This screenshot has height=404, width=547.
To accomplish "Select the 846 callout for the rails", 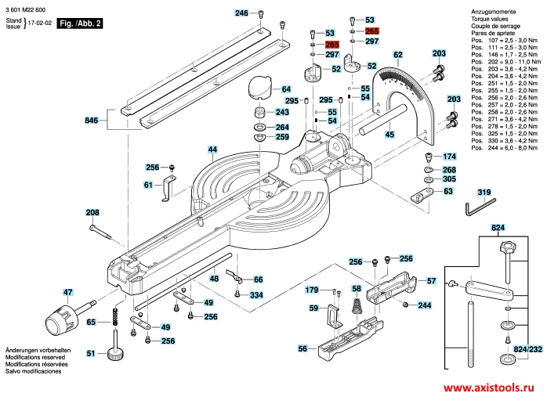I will [x=92, y=121].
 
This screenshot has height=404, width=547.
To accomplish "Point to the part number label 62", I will [x=398, y=55].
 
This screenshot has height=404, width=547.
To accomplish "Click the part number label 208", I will [x=92, y=213].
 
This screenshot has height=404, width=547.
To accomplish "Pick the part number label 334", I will [x=256, y=295].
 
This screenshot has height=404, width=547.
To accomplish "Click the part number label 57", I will [x=431, y=280].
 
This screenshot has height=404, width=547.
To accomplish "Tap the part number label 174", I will [x=449, y=157].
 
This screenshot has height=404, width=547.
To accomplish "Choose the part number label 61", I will [x=148, y=185].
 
